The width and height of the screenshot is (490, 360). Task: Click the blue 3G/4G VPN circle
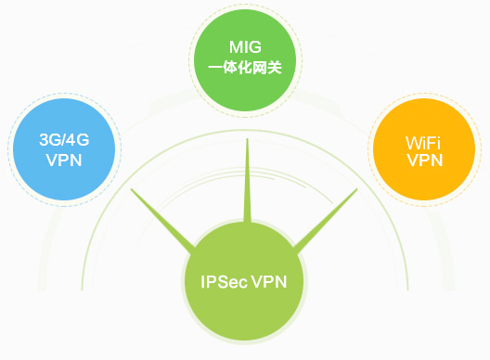[x=64, y=148]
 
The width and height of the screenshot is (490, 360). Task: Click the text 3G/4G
[x=64, y=140]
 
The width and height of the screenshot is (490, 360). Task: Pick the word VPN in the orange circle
[x=423, y=160]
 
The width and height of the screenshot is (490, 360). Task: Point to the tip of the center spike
[x=246, y=142]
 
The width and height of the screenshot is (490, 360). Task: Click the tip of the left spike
[x=133, y=191]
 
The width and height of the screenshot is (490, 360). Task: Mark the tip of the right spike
[x=357, y=191]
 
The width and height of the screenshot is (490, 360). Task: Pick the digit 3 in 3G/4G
[x=44, y=140]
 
